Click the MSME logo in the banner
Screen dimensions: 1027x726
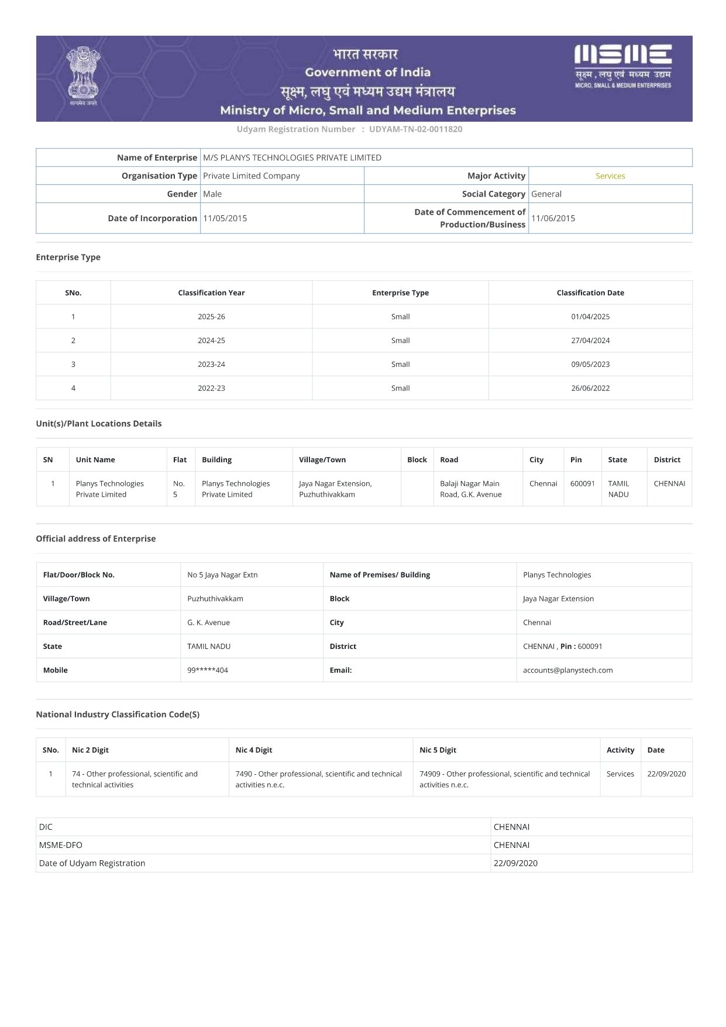coord(623,66)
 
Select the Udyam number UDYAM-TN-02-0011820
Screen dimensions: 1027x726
coord(415,129)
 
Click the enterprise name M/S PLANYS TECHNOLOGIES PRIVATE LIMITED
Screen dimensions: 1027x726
coord(292,157)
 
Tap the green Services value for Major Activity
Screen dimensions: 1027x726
coord(610,176)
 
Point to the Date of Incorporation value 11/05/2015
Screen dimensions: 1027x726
coord(225,218)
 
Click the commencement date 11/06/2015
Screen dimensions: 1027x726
coord(553,218)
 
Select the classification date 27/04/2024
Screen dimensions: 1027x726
coord(590,341)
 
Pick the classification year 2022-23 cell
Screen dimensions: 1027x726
coord(211,388)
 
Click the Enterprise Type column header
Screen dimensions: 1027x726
coord(400,293)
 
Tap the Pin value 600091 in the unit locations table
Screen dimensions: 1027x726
coord(582,483)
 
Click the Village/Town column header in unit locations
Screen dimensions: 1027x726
coord(322,460)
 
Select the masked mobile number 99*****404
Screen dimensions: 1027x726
coord(208,671)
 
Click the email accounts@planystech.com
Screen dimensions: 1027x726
coord(567,671)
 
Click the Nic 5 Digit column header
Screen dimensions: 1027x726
coord(438,750)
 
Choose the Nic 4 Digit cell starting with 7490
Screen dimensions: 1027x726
coord(319,779)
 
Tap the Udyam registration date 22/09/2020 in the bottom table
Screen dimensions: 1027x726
coord(515,863)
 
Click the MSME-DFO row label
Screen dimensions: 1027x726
coord(61,845)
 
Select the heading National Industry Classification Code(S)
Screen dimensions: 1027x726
coord(118,715)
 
